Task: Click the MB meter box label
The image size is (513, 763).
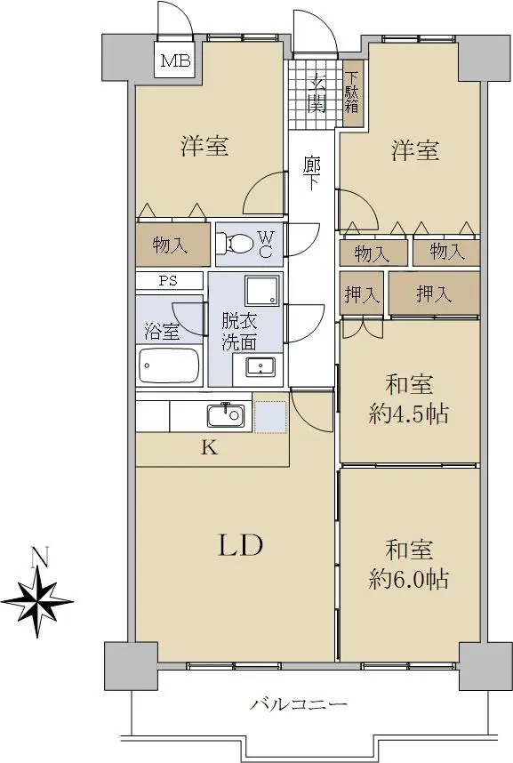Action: coord(175,61)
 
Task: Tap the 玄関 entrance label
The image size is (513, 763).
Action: coord(317,92)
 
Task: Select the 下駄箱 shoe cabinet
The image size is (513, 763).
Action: coord(352,93)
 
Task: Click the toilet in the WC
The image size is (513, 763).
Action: coord(234,244)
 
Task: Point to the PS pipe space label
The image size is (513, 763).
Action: coord(168,281)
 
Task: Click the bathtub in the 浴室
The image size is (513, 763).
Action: coord(169,365)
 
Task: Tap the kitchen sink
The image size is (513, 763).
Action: coord(225,415)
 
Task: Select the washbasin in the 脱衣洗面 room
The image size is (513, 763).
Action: coord(261,365)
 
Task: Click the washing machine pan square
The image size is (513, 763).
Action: coord(262,291)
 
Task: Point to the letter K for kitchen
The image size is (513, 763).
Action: coord(210,447)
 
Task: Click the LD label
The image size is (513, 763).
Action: coord(240,545)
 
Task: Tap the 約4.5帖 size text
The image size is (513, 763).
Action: coord(408,414)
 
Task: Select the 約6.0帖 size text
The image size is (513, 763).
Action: coord(408,580)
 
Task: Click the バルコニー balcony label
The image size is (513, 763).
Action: coord(299,704)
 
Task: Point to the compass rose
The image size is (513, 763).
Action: coord(37,602)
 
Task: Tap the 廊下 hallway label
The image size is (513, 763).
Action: coord(311,173)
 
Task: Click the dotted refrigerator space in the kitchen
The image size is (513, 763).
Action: coord(270,417)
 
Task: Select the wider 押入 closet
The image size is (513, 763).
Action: coord(434,293)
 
